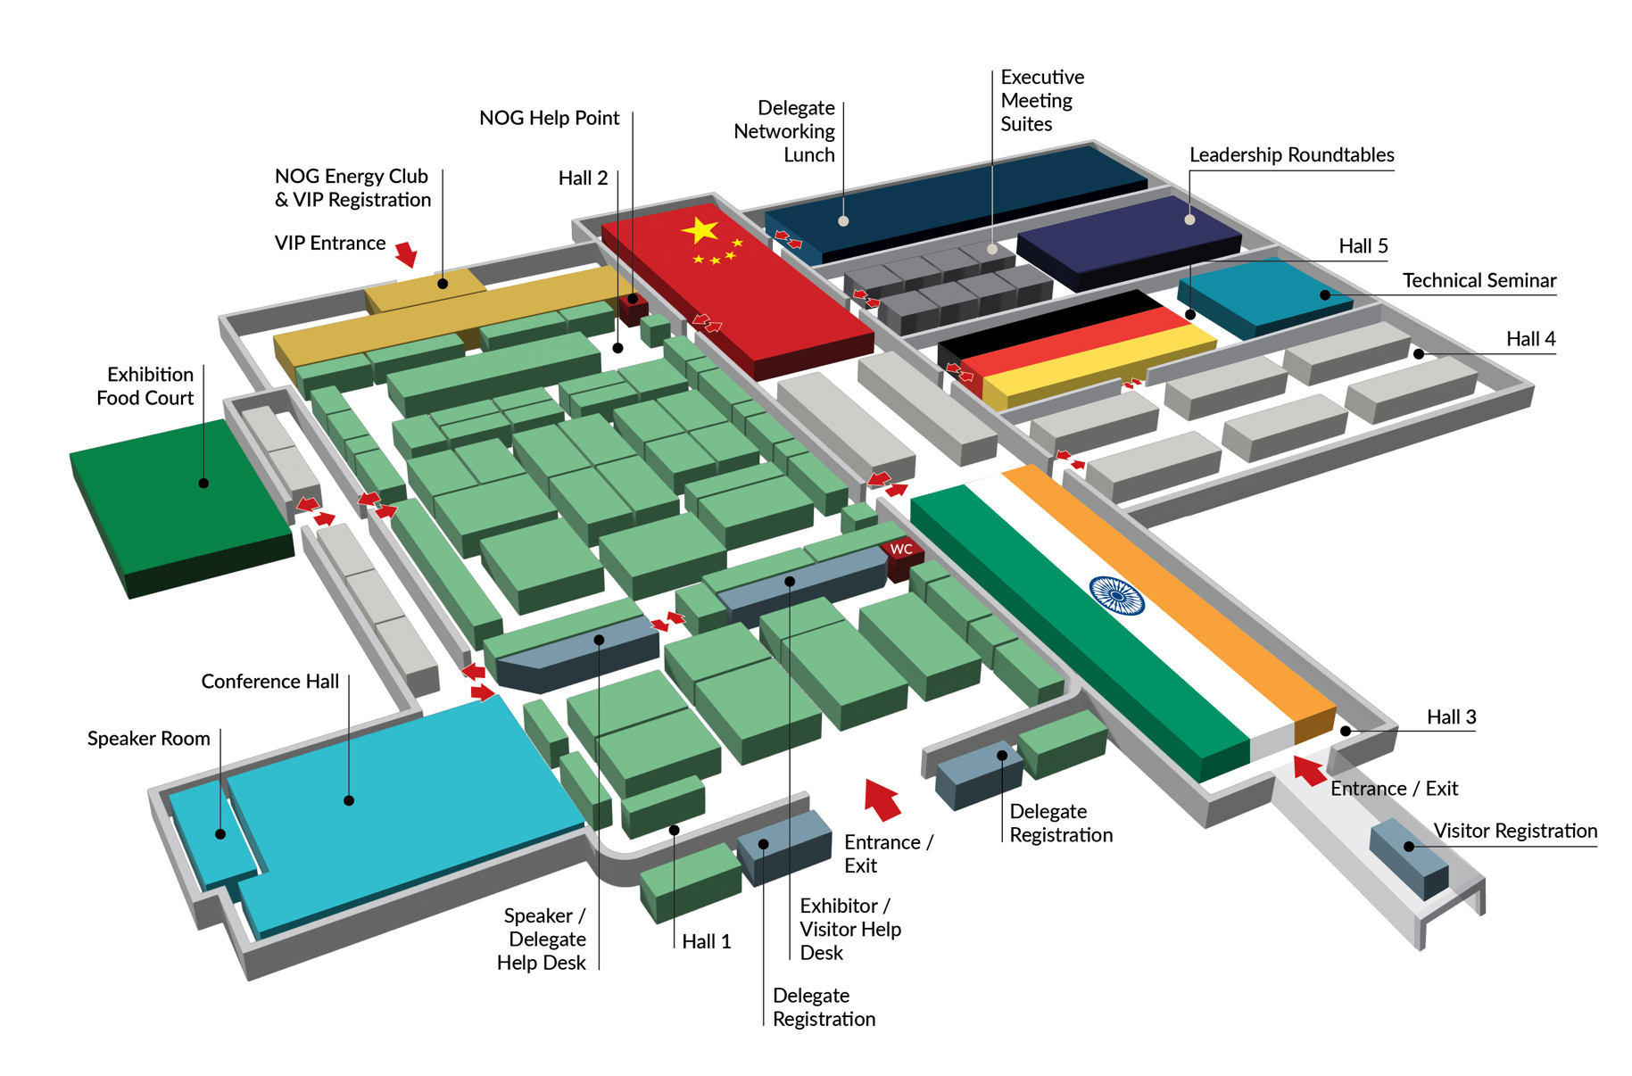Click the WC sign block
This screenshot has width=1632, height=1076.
pos(901,551)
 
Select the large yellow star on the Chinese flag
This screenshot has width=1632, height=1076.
pos(700,231)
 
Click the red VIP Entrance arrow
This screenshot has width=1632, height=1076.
pos(407,254)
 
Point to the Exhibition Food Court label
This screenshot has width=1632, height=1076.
pos(145,385)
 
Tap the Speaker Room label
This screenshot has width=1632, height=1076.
pos(148,738)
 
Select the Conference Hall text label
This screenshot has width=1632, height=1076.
pos(269,681)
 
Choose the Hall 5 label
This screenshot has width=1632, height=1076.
pos(1363,245)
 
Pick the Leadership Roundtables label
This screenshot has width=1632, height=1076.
pos(1291,154)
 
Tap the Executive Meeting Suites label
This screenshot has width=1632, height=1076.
pos(1041,100)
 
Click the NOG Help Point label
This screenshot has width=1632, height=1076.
pos(549,118)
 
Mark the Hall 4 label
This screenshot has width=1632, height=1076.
pos(1530,338)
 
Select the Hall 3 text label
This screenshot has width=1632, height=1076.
pos(1451,716)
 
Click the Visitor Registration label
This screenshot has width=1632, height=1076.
pos(1514,831)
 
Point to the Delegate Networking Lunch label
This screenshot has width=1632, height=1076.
pos(784,131)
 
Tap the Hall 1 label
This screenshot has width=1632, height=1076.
pos(706,941)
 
